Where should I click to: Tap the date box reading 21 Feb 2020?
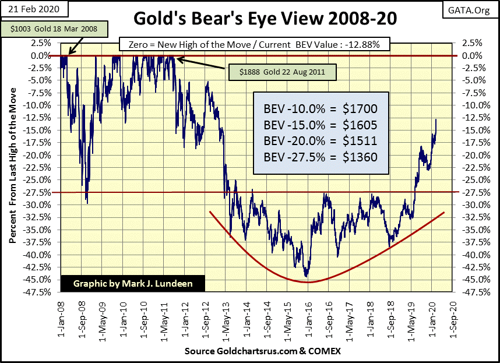tap(34, 10)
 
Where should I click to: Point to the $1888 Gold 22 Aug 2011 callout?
tap(281, 72)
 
